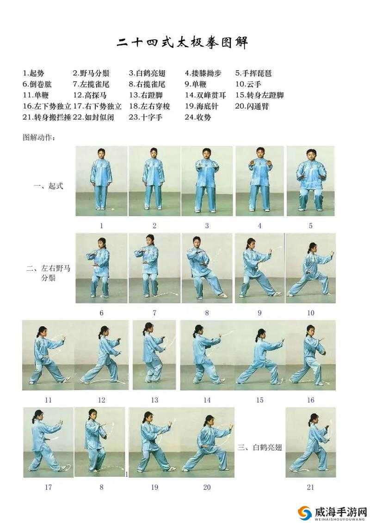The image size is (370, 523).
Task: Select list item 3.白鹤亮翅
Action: pyautogui.click(x=147, y=73)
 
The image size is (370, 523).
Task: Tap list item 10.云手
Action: pyautogui.click(x=248, y=84)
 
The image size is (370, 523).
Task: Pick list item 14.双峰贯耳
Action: pyautogui.click(x=205, y=95)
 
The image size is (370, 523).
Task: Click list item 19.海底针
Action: pyautogui.click(x=201, y=106)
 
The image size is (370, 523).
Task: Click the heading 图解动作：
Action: pyautogui.click(x=39, y=137)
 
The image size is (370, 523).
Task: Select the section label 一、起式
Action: pyautogui.click(x=49, y=187)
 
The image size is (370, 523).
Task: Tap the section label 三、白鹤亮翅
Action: pyautogui.click(x=259, y=447)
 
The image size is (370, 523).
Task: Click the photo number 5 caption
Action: pyautogui.click(x=310, y=226)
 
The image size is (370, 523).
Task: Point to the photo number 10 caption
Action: pyautogui.click(x=310, y=313)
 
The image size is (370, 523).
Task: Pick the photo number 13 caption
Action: pyautogui.click(x=154, y=400)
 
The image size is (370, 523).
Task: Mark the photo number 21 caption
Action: pyautogui.click(x=310, y=487)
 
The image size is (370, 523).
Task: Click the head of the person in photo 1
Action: pyautogui.click(x=101, y=153)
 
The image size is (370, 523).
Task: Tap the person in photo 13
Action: pyautogui.click(x=153, y=353)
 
